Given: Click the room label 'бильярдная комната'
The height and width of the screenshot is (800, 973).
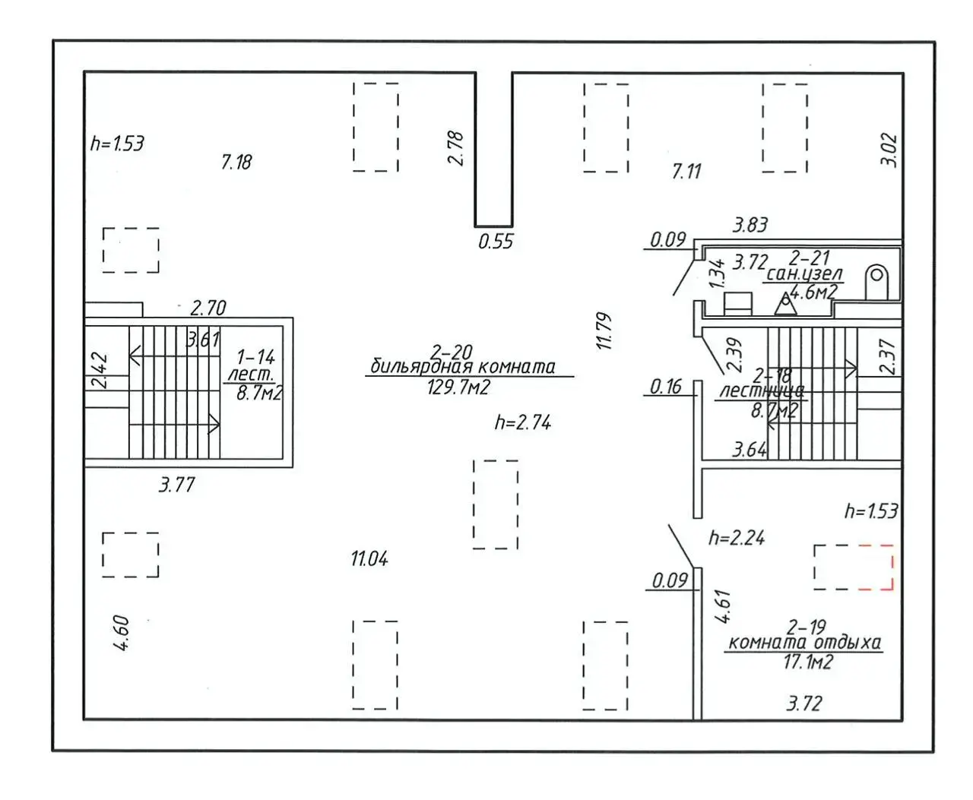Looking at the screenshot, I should [462, 367].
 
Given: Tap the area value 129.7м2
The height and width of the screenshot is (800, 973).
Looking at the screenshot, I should [458, 387].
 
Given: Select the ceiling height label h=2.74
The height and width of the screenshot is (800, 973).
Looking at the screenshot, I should [522, 423].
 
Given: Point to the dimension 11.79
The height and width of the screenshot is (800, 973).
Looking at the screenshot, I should [605, 330].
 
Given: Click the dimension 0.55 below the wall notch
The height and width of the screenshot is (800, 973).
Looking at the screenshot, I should [496, 242].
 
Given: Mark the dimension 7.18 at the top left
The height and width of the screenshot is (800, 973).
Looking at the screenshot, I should [236, 162].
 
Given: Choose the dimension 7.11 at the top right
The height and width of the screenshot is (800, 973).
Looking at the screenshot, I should [686, 172].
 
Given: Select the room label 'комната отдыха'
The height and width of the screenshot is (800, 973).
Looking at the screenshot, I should [804, 643].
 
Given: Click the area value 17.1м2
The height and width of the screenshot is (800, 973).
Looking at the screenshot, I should [807, 662].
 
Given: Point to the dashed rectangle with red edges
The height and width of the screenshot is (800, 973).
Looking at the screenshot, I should [853, 567].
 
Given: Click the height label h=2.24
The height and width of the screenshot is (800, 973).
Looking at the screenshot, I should [736, 539].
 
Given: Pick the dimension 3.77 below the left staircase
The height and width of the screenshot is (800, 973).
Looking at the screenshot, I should [176, 485].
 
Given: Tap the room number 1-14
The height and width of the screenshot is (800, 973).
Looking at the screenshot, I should [255, 356].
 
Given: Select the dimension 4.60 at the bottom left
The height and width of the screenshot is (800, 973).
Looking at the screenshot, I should [122, 633].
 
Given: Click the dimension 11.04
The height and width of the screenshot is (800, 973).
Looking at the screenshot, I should [369, 559].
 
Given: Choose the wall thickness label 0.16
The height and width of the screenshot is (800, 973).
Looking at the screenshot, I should [666, 387].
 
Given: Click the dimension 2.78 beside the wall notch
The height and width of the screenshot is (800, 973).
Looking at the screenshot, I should [455, 148].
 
